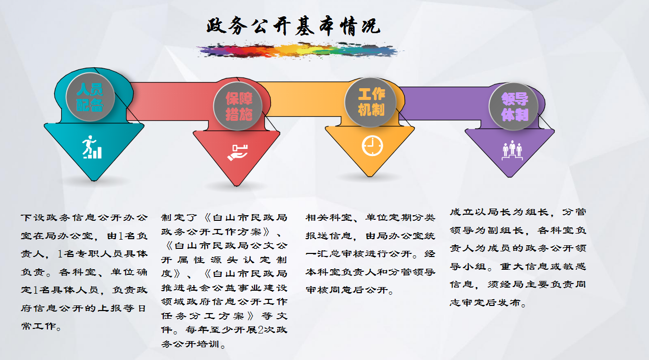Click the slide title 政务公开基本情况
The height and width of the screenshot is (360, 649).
coord(293,27)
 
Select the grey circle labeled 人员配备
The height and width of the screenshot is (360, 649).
coord(90,97)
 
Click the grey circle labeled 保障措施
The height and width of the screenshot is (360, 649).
coord(238,106)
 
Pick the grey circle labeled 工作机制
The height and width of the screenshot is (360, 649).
coord(370,102)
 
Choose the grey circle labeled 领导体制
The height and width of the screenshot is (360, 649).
coord(514,107)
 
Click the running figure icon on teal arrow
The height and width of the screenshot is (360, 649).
coord(91,147)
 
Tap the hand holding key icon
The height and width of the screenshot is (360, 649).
coord(238,152)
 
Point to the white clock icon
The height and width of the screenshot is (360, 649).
coord(372,146)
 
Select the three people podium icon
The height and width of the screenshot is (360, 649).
coord(512,150)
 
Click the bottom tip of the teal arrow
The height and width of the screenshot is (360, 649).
coord(93,181)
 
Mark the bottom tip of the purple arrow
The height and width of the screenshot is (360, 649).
coord(509,176)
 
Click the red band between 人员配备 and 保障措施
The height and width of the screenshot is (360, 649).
coord(168,101)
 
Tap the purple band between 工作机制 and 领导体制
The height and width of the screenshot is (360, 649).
coord(443,103)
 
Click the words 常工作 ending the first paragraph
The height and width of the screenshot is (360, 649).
coord(39,326)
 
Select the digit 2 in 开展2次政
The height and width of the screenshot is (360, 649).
coord(260,330)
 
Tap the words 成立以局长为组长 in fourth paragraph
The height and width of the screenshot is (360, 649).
coord(499,212)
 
